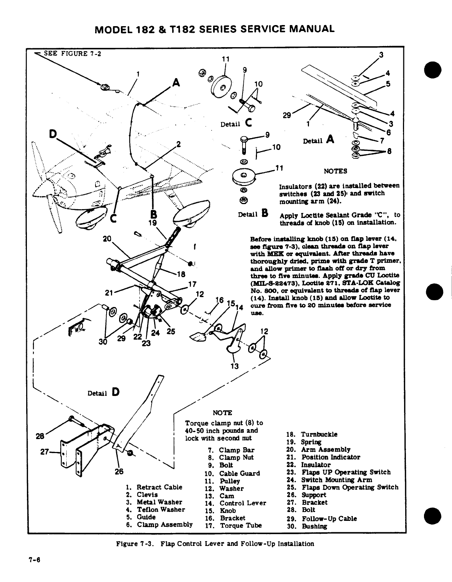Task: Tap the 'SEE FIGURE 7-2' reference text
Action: (72, 53)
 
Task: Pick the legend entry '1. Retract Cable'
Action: (154, 487)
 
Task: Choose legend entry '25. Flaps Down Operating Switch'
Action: (343, 487)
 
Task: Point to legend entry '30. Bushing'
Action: (306, 526)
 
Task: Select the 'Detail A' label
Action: (318, 140)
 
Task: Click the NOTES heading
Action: (335, 171)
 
